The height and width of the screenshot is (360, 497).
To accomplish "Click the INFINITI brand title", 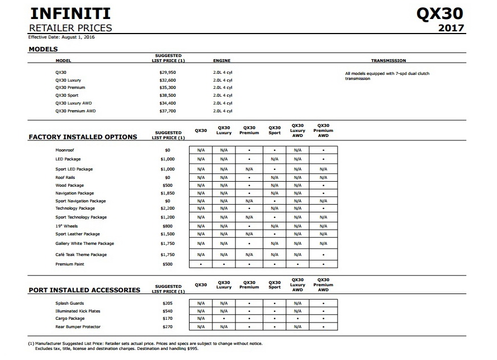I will click(x=69, y=13).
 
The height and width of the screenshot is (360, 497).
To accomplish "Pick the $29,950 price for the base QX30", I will click(x=168, y=73).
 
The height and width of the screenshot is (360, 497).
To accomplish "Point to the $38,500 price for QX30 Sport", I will click(x=168, y=96).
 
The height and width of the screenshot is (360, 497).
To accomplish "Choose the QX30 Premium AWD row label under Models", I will click(x=75, y=111).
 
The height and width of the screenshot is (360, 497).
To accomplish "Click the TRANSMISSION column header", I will click(x=389, y=60).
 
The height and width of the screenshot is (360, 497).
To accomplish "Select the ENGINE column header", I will click(x=221, y=60).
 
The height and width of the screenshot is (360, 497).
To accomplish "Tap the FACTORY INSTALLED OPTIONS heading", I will click(x=83, y=137).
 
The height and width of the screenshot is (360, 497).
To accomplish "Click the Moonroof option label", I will click(x=64, y=150).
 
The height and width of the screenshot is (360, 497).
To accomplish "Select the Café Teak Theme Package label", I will click(x=81, y=255).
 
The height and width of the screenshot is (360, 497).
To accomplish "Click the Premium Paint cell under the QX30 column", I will click(x=201, y=264).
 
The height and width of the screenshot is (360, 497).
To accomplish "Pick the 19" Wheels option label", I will click(x=67, y=226).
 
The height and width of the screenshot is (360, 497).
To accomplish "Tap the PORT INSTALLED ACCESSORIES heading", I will click(x=84, y=290).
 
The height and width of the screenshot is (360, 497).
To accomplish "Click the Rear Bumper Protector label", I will click(x=78, y=326).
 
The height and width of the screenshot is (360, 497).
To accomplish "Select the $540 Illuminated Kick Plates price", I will click(x=168, y=311).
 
